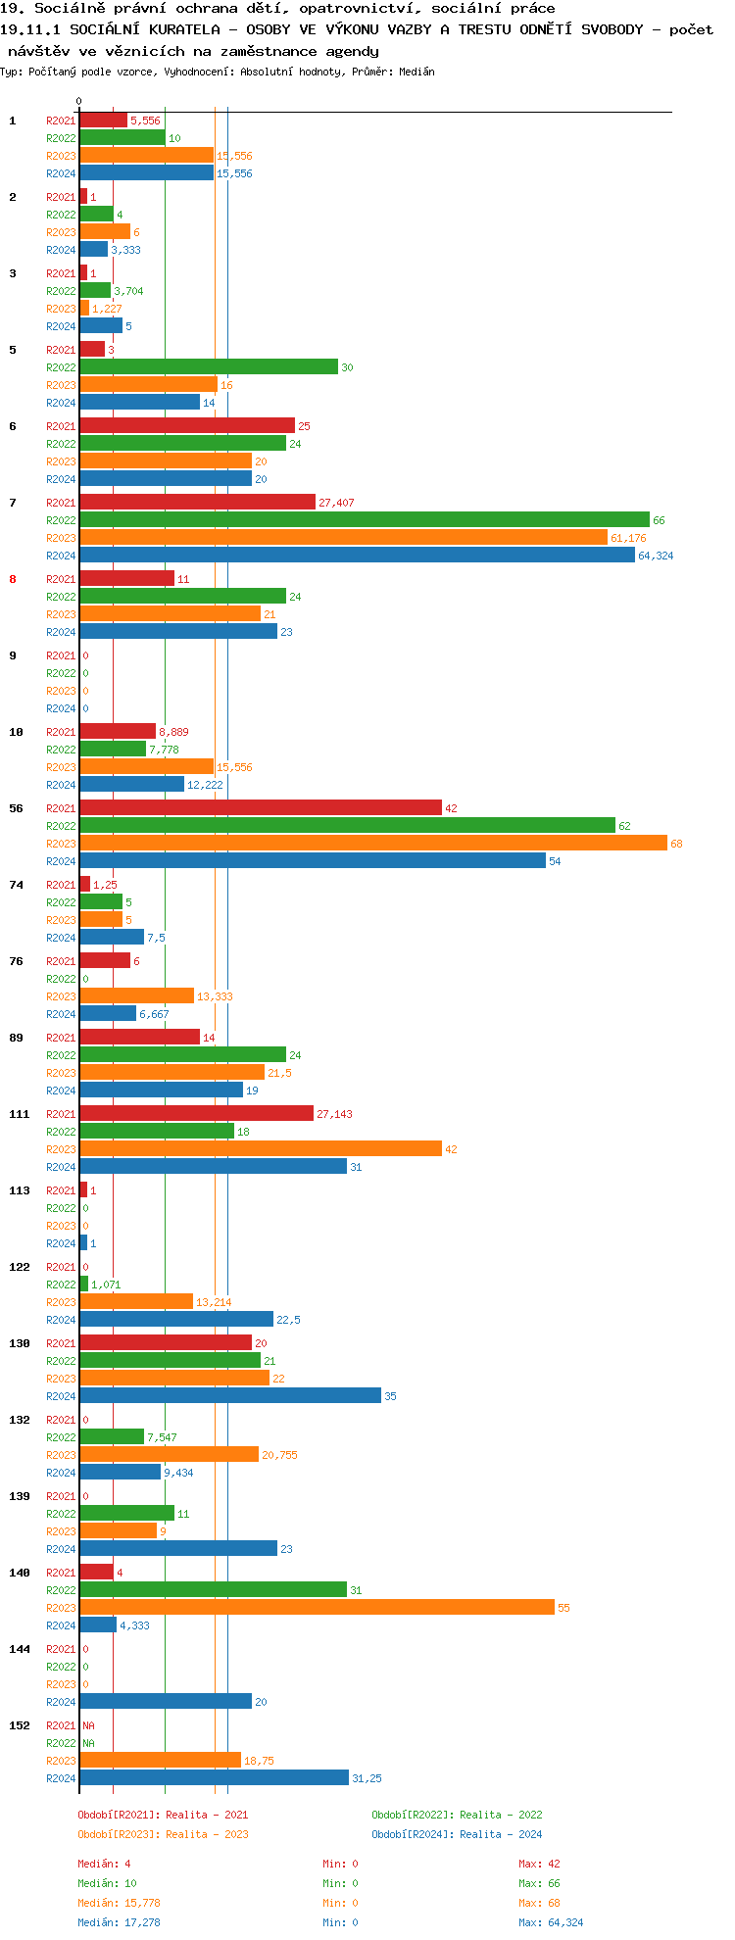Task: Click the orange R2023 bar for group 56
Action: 372,843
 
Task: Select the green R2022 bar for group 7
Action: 364,519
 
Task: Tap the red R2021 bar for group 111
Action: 196,1113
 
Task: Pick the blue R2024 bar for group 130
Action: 230,1395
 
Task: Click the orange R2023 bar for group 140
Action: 317,1607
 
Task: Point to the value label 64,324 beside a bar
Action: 656,556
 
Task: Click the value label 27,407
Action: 336,503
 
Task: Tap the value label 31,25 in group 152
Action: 367,1778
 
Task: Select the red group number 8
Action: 13,579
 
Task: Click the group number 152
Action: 20,1725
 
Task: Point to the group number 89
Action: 16,1038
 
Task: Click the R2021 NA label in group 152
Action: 88,1725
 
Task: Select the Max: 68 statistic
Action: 539,1903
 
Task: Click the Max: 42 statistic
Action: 539,1864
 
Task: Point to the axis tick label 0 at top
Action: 79,101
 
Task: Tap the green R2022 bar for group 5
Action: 209,366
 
